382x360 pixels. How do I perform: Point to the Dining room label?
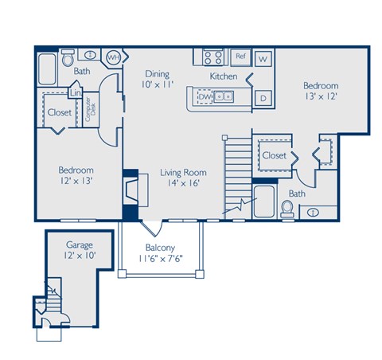pyautogui.click(x=157, y=78)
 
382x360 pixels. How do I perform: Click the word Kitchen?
pyautogui.click(x=224, y=76)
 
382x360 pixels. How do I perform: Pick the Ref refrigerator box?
pyautogui.click(x=240, y=57)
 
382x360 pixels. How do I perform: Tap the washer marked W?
pyautogui.click(x=263, y=59)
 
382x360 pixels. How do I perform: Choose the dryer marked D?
pyautogui.click(x=263, y=97)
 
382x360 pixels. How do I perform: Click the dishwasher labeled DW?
pyautogui.click(x=205, y=97)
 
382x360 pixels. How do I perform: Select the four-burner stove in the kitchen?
pyautogui.click(x=212, y=57)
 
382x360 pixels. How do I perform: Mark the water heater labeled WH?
pyautogui.click(x=114, y=57)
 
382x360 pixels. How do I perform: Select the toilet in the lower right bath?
pyautogui.click(x=288, y=209)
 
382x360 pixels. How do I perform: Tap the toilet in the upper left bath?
pyautogui.click(x=68, y=57)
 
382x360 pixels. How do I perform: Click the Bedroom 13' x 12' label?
pyautogui.click(x=319, y=91)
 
